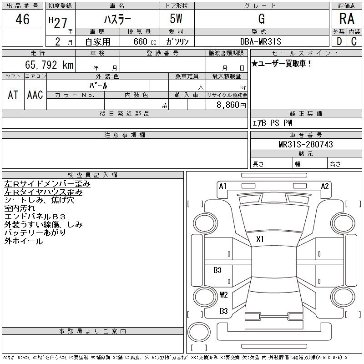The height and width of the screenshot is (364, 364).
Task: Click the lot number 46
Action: coord(22,19)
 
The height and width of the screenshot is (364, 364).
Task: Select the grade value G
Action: coord(261,19)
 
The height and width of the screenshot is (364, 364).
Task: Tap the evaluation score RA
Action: coord(347,19)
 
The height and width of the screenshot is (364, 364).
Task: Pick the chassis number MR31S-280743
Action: coord(306,144)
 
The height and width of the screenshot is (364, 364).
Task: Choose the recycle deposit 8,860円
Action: coord(232,105)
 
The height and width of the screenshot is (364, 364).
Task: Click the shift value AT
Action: coord(13,95)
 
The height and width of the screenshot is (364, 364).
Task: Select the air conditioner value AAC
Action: coord(35,95)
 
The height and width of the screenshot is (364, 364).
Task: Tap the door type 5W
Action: coord(177,19)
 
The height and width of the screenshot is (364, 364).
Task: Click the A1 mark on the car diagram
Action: coord(223,186)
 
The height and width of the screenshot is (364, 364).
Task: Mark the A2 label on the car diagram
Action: coord(325,186)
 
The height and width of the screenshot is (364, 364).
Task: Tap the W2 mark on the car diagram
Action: coord(223,294)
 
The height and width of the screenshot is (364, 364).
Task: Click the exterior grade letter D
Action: coord(339,41)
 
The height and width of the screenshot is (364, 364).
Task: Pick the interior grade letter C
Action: coord(354,41)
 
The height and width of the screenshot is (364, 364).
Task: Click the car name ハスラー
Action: coord(117,19)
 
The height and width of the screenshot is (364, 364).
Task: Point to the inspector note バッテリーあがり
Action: coord(35,233)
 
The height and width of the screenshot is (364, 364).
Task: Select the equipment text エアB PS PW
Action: coord(273,123)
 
